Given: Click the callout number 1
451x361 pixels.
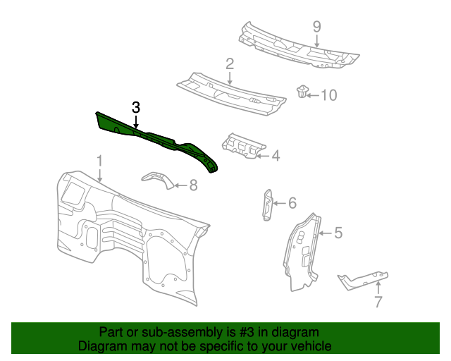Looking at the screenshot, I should point(100,161).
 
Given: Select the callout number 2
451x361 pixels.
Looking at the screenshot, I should point(230,65).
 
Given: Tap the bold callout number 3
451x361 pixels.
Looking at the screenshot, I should point(136,107).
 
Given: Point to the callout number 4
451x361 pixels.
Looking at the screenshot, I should point(276,155).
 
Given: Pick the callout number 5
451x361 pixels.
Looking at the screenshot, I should point(338,232).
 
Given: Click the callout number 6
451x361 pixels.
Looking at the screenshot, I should point(292,203).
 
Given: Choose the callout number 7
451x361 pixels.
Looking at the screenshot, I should point(378,302).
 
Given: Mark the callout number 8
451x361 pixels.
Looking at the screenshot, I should point(193,185).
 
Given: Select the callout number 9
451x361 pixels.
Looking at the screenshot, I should point(317,27).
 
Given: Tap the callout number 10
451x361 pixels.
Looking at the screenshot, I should point(329,94).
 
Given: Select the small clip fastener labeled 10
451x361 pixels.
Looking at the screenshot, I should point(302,92).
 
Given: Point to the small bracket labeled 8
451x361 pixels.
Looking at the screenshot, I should point(159,178).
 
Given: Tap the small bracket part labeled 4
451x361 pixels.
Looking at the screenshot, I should point(241,146).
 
